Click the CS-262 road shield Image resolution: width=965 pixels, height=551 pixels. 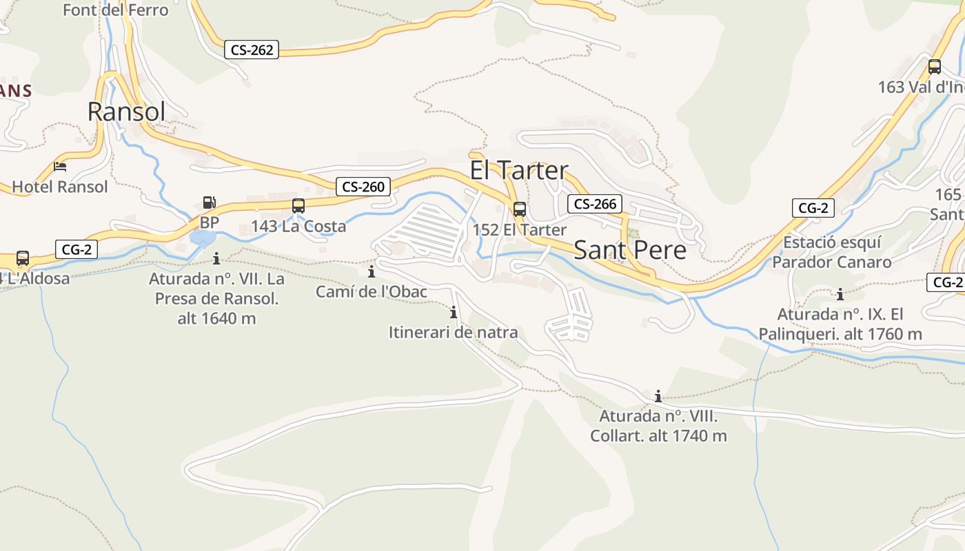coord(252,50)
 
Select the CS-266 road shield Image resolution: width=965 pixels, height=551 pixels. coord(595,204)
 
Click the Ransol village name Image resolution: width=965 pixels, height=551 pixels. coord(127,111)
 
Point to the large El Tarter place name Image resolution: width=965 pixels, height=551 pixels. coord(519,170)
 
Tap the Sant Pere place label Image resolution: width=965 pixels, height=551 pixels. coord(630,250)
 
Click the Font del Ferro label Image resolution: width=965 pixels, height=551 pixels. coord(115,10)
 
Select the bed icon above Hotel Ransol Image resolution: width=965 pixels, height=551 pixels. coord(60,167)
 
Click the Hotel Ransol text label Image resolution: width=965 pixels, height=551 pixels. coord(60,187)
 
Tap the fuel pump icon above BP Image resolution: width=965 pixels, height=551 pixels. coord(209,202)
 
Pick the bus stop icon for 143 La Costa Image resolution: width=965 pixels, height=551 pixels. coord(298,206)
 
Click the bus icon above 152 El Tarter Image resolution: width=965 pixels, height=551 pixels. coord(520,209)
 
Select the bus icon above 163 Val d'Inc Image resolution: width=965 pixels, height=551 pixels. coord(935,67)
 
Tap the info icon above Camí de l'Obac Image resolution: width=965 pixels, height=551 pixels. coord(372,271)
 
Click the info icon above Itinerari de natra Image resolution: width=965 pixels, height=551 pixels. coord(454,313)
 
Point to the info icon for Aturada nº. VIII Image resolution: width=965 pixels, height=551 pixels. coord(658,396)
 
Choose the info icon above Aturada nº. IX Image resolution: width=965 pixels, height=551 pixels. coord(840,295)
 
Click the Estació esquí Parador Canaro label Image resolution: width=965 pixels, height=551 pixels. coord(831,252)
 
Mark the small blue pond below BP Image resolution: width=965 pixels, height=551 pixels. coord(203,238)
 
